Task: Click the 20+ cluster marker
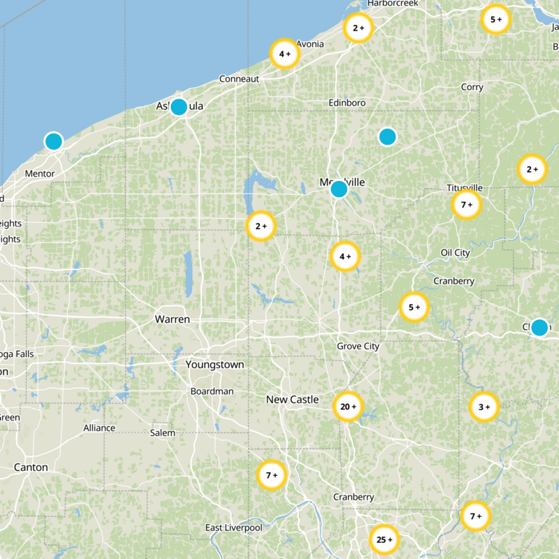pyautogui.click(x=347, y=407)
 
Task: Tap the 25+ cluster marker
pyautogui.click(x=384, y=539)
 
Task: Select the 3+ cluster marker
pyautogui.click(x=484, y=407)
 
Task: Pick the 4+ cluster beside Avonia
pyautogui.click(x=284, y=54)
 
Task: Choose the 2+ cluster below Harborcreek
pyautogui.click(x=358, y=29)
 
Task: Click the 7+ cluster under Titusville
pyautogui.click(x=466, y=205)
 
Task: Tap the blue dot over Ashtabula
pyautogui.click(x=179, y=107)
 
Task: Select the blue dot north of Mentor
pyautogui.click(x=53, y=141)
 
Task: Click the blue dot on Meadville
pyautogui.click(x=339, y=189)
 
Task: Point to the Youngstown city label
pyautogui.click(x=215, y=365)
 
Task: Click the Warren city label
pyautogui.click(x=172, y=319)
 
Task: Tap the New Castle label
pyautogui.click(x=292, y=400)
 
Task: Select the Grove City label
pyautogui.click(x=358, y=346)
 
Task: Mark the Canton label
pyautogui.click(x=31, y=467)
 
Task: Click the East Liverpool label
pyautogui.click(x=233, y=528)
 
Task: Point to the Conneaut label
pyautogui.click(x=239, y=79)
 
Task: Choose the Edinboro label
pyautogui.click(x=347, y=103)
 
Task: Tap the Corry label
pyautogui.click(x=472, y=87)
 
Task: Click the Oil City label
pyautogui.click(x=456, y=252)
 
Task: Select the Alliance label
pyautogui.click(x=99, y=428)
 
